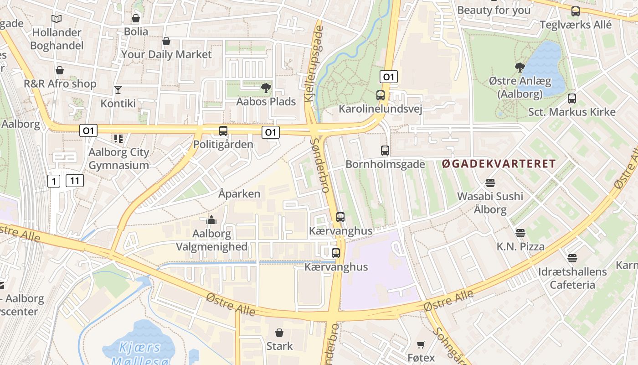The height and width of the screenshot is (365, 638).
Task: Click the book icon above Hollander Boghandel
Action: (x=56, y=19)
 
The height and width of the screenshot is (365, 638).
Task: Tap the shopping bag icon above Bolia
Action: (x=135, y=18)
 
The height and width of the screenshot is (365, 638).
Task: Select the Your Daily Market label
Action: (x=166, y=54)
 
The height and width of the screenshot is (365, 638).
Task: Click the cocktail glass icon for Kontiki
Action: (x=118, y=89)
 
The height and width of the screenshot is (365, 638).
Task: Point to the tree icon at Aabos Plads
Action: (x=266, y=88)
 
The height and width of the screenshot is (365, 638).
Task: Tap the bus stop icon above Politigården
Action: (x=223, y=131)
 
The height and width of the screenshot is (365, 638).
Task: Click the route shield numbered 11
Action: (x=75, y=181)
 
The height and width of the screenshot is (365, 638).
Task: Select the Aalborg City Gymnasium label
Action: (x=118, y=159)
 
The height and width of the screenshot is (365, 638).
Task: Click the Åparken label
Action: (x=239, y=194)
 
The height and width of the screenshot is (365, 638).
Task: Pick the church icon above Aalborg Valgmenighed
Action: (x=211, y=220)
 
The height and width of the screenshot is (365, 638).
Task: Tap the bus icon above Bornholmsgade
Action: (x=385, y=151)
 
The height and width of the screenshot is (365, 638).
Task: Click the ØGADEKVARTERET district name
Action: (x=499, y=164)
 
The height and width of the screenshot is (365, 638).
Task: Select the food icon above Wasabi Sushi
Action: (x=490, y=183)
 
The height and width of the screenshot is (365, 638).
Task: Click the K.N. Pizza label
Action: (x=520, y=247)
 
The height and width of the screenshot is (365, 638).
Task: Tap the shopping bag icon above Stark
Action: (x=279, y=333)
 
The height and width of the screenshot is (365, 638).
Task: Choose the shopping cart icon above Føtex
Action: (x=421, y=344)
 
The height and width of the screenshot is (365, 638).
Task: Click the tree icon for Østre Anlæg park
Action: (x=520, y=68)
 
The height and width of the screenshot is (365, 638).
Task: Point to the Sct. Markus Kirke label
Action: (x=571, y=112)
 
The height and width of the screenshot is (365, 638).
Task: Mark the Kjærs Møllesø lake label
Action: (x=140, y=354)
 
